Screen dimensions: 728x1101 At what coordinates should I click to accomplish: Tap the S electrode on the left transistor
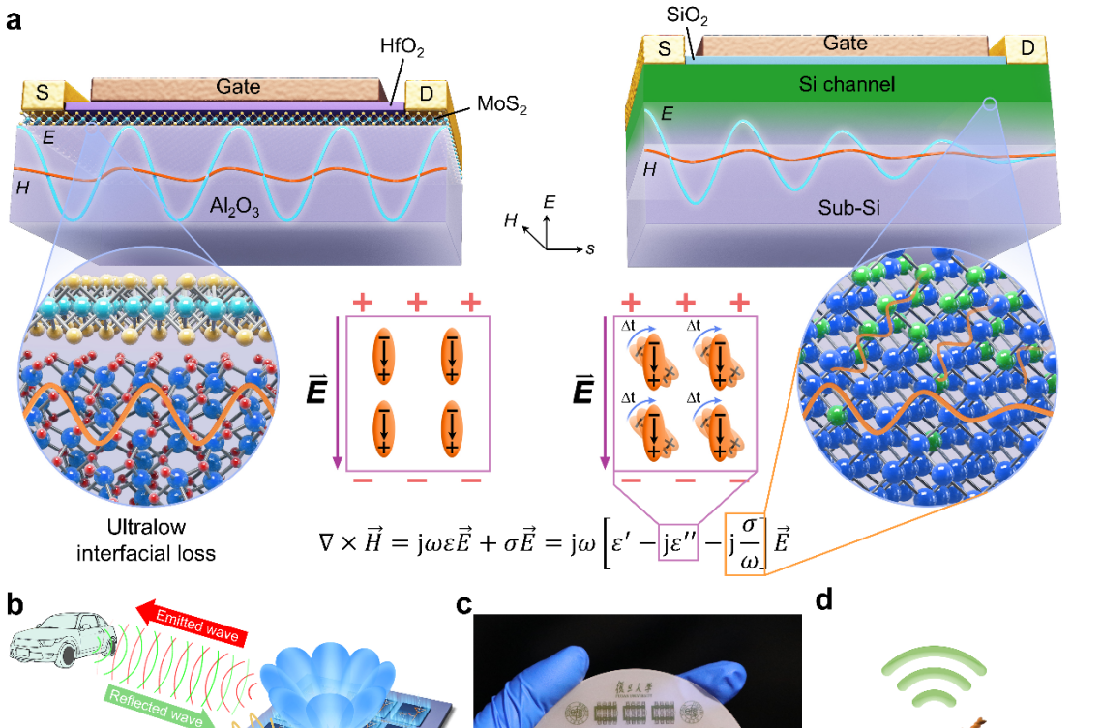pyautogui.click(x=42, y=95)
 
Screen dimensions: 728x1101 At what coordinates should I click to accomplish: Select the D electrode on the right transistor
pyautogui.click(x=1026, y=47)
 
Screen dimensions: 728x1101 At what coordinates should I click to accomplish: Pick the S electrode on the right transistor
pyautogui.click(x=665, y=47)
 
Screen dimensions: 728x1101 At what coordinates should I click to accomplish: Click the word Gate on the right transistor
pyautogui.click(x=845, y=43)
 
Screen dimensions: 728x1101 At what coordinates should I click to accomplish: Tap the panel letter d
pyautogui.click(x=823, y=601)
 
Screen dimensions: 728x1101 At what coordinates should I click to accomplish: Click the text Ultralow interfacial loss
pyautogui.click(x=147, y=542)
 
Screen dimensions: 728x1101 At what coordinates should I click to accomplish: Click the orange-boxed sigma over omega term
pyautogui.click(x=745, y=548)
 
